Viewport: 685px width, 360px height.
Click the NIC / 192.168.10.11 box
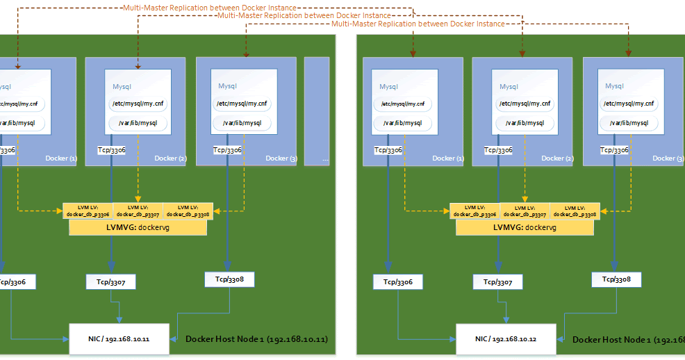click(119, 338)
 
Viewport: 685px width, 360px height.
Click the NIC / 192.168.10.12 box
click(506, 338)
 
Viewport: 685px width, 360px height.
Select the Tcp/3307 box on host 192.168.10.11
click(110, 281)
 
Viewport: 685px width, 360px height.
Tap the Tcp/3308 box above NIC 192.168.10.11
click(229, 279)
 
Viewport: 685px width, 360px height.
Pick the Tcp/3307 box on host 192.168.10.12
click(497, 282)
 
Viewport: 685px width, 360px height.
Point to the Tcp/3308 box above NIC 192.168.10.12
click(616, 279)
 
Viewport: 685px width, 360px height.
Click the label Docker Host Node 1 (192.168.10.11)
click(256, 339)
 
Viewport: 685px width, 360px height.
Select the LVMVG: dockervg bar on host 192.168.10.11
click(138, 227)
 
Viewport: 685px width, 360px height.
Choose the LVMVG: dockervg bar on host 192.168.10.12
click(525, 227)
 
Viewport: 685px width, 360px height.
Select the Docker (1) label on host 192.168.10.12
click(448, 158)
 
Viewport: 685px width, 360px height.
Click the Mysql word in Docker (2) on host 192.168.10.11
click(122, 87)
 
